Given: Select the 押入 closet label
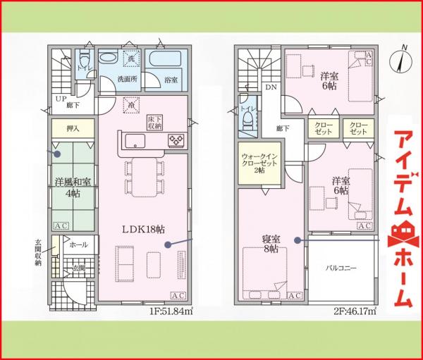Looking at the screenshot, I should pos(72,129).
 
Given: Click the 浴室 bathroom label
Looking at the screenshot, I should pos(171,80).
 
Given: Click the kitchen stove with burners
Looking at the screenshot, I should pos(176,142).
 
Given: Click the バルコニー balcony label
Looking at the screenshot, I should pos(341,268).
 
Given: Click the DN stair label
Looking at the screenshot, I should pos(271,87).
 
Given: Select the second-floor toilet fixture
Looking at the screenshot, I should pos(246,122).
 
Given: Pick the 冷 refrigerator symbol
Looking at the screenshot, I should pos(131,105).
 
